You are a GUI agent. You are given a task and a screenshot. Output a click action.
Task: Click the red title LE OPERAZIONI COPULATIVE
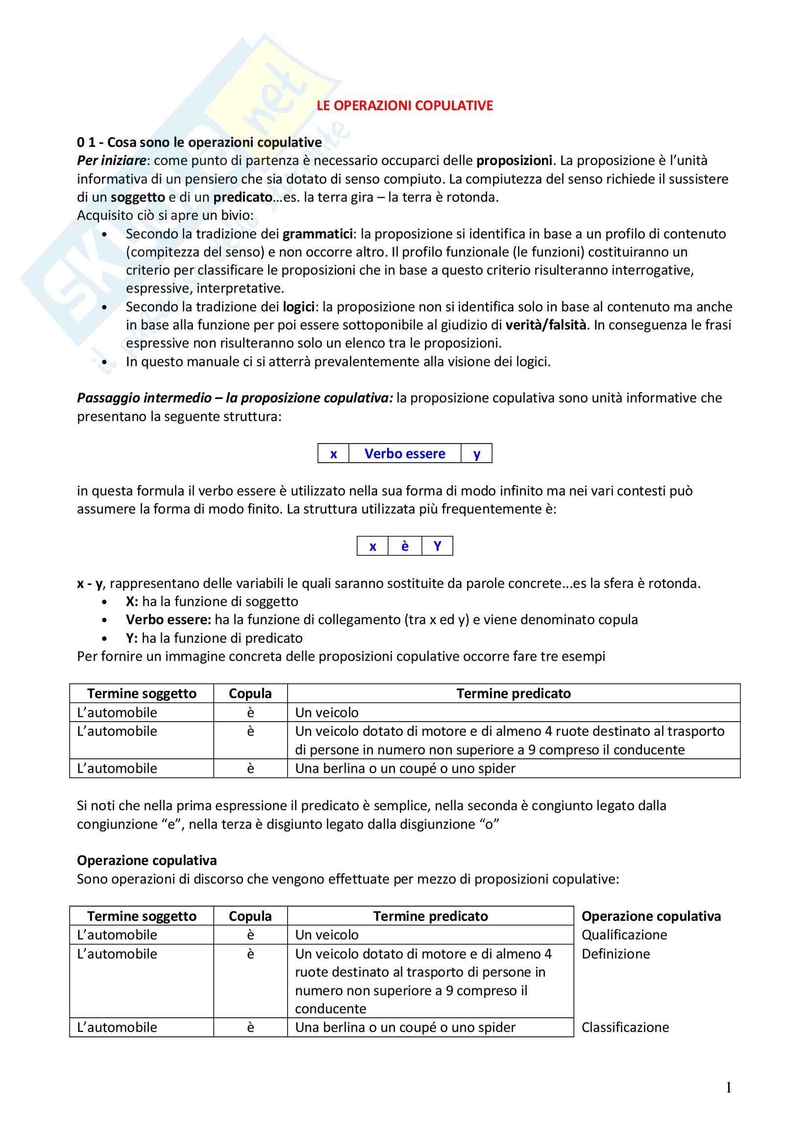405,106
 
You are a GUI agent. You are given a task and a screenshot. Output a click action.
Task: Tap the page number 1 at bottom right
729,1087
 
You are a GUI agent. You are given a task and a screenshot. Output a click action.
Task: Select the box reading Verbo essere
405,454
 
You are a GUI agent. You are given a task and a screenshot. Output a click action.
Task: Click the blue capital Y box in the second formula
437,546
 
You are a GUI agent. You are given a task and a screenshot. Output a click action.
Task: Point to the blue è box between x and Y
405,546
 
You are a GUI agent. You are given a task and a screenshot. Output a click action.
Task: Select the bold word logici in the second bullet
298,307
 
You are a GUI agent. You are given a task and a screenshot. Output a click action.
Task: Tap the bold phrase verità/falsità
546,325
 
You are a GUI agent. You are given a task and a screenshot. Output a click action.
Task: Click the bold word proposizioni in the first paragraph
514,161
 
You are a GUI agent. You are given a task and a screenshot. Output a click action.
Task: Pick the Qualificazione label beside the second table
624,935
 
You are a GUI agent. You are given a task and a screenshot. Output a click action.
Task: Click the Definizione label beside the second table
616,954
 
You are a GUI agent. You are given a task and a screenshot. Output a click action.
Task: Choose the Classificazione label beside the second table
625,1028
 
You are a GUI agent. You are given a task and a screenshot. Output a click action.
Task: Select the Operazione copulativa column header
651,916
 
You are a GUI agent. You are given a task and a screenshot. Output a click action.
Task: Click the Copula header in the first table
250,694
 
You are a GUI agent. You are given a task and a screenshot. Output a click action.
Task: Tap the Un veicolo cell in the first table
327,713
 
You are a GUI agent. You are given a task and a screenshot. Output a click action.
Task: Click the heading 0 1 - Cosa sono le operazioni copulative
199,142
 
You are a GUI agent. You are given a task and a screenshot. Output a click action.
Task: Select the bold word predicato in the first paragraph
243,197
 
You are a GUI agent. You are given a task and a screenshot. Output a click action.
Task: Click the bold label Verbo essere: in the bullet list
169,620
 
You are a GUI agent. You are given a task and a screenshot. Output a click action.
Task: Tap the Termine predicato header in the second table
431,916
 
